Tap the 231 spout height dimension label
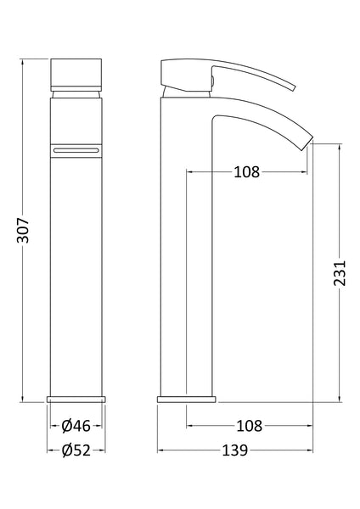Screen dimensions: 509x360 click(340, 273)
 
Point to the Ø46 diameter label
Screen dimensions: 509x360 click(77, 425)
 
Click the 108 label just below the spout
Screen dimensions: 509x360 click(246, 172)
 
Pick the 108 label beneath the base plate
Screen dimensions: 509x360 click(246, 425)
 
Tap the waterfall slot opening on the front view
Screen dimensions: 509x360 click(77, 148)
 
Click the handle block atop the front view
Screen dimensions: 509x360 click(77, 75)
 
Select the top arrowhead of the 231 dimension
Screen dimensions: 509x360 click(340, 146)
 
